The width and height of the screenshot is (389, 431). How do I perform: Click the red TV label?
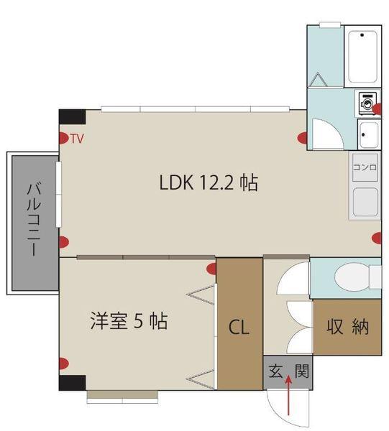pyautogui.click(x=77, y=139)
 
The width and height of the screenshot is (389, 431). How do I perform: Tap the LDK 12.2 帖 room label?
pyautogui.click(x=209, y=182)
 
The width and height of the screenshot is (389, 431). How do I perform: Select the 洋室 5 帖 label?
pyautogui.click(x=129, y=321)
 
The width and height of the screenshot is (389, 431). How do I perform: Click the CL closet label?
pyautogui.click(x=239, y=327)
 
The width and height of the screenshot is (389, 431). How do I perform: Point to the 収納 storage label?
pyautogui.click(x=347, y=327)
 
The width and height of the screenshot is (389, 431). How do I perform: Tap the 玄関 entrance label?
pyautogui.click(x=288, y=371)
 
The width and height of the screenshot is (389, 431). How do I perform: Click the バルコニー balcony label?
pyautogui.click(x=34, y=221)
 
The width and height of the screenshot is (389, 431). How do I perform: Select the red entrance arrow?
pyautogui.click(x=288, y=395)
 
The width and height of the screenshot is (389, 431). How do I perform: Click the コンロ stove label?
pyautogui.click(x=365, y=167)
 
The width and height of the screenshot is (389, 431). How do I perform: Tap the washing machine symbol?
pyautogui.click(x=367, y=103)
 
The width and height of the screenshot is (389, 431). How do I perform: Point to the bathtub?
pyautogui.click(x=362, y=56)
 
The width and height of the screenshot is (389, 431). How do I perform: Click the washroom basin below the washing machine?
pyautogui.click(x=369, y=134)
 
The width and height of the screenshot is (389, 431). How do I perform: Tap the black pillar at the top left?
pyautogui.click(x=73, y=117)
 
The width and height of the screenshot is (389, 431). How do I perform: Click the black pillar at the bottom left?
pyautogui.click(x=73, y=383)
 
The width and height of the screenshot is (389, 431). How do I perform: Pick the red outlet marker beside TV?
pyautogui.click(x=63, y=138)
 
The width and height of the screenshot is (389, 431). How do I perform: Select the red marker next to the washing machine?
pyautogui.click(x=377, y=108)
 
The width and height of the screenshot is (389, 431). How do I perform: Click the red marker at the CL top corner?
pyautogui.click(x=211, y=269)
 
